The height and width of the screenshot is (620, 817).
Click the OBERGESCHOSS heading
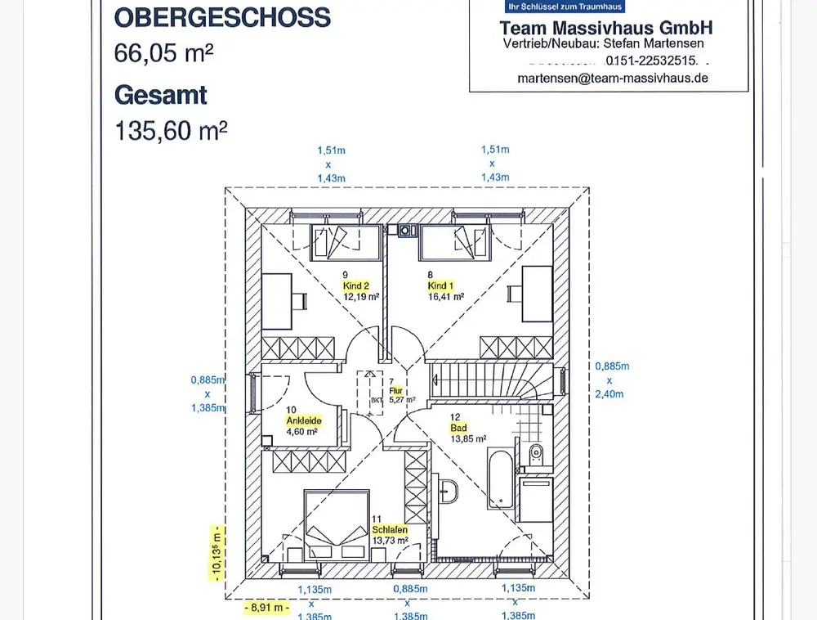[x=222, y=17]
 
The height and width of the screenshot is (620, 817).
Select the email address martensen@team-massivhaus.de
[x=613, y=78]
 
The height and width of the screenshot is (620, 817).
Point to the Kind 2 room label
[x=356, y=285]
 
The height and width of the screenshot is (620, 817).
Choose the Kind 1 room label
[x=440, y=285]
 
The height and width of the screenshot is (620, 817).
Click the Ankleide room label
[x=303, y=420]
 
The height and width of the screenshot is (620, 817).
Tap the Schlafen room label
[x=390, y=530]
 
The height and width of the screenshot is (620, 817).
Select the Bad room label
[x=458, y=428]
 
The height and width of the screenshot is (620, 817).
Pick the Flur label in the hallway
[x=396, y=391]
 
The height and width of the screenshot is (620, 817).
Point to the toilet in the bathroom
[x=537, y=454]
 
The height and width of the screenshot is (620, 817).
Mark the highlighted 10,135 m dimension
[x=217, y=553]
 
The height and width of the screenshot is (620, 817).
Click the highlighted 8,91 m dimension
[x=267, y=608]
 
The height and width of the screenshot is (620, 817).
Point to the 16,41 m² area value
[x=446, y=297]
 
